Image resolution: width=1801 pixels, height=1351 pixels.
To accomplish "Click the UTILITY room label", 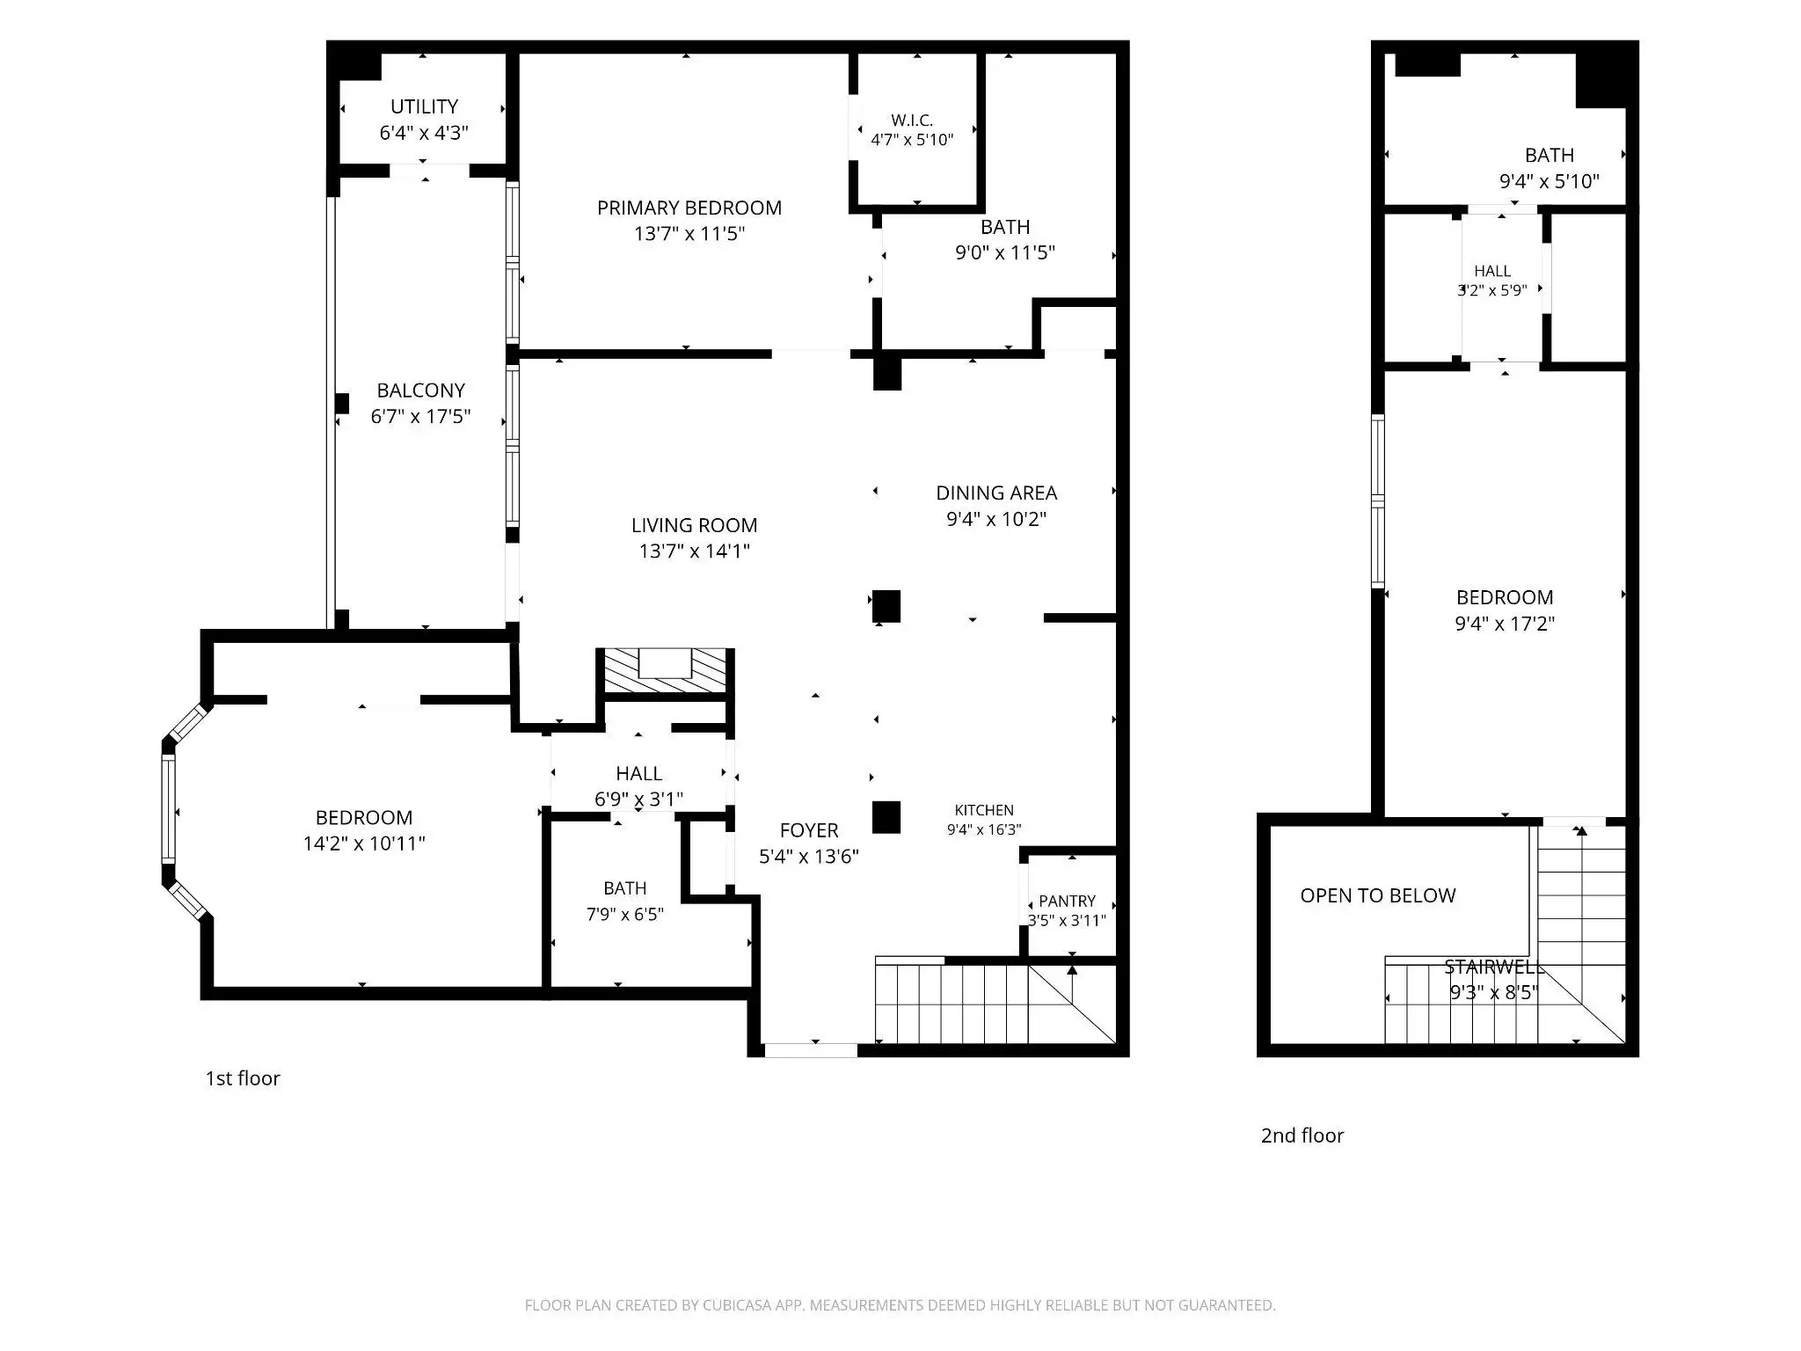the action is [x=424, y=106].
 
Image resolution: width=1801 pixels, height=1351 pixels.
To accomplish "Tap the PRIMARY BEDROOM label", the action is [x=689, y=208].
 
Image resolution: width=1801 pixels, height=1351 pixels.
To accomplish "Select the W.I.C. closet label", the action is [x=912, y=120].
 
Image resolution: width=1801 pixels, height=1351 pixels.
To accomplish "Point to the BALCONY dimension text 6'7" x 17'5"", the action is [x=420, y=416].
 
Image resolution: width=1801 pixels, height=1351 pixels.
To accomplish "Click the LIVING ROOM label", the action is [x=694, y=525].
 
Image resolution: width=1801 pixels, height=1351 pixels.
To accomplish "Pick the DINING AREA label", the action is [x=996, y=493].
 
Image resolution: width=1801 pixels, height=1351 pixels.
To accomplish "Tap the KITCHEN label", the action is [x=984, y=810].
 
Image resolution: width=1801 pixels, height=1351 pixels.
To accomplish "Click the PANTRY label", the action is [x=1067, y=901].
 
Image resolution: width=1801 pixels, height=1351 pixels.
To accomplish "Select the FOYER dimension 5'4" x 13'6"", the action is [x=808, y=856].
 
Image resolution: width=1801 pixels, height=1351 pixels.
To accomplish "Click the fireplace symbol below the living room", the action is [x=665, y=669].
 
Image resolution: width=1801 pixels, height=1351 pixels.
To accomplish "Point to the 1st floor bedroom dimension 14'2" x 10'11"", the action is [x=364, y=843].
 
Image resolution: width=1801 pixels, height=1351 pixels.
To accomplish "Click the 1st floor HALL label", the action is [x=638, y=773].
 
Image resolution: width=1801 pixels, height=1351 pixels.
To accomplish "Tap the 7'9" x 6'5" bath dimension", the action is [x=624, y=914].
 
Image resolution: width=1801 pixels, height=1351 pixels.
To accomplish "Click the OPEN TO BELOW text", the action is [x=1378, y=895].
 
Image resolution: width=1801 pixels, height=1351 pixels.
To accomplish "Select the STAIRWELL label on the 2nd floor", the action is [x=1494, y=968].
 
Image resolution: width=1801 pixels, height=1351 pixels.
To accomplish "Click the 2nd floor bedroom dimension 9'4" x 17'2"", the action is [x=1505, y=623].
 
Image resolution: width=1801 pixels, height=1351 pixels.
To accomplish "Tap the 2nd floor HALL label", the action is [x=1492, y=271].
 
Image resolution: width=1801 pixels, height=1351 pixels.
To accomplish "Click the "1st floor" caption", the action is [x=243, y=1078].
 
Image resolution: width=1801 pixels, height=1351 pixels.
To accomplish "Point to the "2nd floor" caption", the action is [x=1302, y=1136].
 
